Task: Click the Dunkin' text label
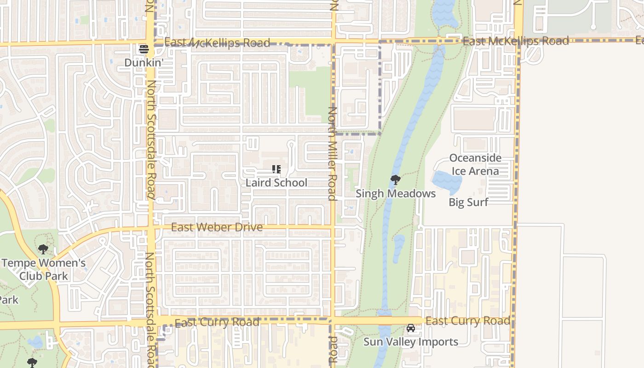pos(144,62)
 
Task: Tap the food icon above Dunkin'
pos(144,49)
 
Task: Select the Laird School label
pos(276,183)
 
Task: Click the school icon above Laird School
pos(276,169)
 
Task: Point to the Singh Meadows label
pos(396,194)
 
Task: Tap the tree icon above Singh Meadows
pos(395,180)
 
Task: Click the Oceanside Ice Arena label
pos(475,164)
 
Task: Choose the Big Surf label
pos(468,202)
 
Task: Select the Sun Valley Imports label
pos(411,342)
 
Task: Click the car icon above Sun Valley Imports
pos(410,328)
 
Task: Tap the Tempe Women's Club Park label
pos(44,270)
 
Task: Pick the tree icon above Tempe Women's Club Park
pos(43,250)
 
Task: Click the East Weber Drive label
pos(217,227)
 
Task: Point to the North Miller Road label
pos(333,154)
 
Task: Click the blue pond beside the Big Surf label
pos(446,182)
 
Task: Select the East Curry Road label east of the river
pos(468,321)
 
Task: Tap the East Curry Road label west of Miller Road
pos(217,322)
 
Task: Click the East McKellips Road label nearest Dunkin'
pos(217,43)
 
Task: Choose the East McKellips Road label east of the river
pos(516,41)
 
